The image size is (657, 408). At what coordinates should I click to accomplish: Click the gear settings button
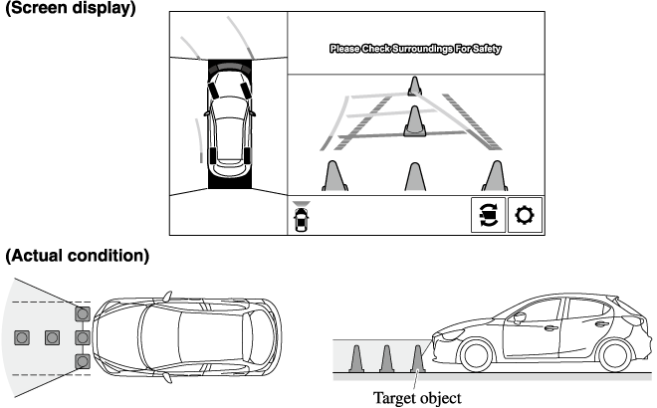point(525,215)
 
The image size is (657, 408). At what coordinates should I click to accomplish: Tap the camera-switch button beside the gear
point(488,215)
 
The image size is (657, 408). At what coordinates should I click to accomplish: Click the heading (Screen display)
point(70,10)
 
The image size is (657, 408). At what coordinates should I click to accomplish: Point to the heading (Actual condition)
point(78,256)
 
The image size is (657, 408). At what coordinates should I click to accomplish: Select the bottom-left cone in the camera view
point(334,175)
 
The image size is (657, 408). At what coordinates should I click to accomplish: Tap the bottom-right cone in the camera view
point(494,175)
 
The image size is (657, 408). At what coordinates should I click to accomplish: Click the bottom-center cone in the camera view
point(414,175)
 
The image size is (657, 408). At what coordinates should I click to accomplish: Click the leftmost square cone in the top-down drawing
point(22,337)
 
